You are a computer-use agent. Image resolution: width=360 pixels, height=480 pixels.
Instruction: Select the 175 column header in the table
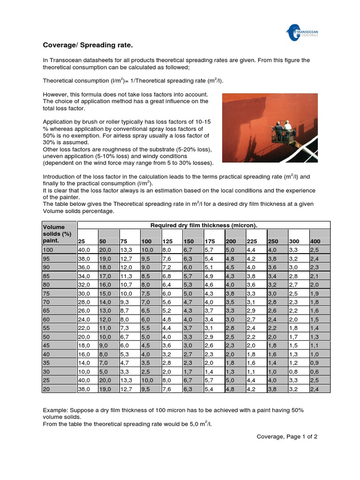click(210, 241)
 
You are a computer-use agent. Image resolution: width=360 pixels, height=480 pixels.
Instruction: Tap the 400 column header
click(315, 241)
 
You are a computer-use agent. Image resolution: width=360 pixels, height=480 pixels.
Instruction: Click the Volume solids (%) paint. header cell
click(58, 233)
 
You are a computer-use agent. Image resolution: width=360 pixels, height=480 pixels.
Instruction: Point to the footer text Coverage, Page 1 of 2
click(287, 436)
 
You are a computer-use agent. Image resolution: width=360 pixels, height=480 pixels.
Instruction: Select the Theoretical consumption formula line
click(127, 81)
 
